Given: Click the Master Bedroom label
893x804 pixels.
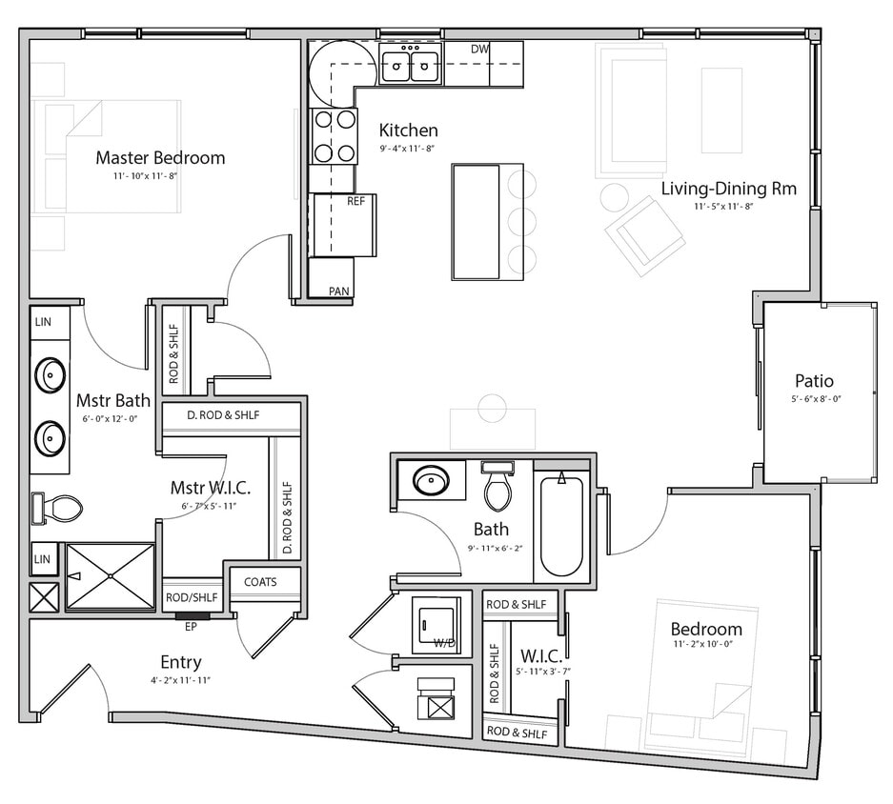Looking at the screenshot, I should tap(160, 157).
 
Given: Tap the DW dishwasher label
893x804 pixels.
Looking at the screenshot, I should tap(480, 49).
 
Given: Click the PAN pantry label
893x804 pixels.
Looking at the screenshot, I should tap(338, 291).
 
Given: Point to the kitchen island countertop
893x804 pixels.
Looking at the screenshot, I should tap(477, 221).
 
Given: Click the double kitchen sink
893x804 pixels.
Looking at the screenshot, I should tap(411, 66).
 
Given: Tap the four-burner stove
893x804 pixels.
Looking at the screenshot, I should tap(334, 135).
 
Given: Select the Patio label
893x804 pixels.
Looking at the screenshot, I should tap(815, 381).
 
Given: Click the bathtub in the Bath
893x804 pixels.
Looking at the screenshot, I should tap(561, 526).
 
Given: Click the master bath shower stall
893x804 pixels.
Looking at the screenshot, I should tap(111, 576).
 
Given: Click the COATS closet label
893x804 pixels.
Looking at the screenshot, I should tap(260, 582).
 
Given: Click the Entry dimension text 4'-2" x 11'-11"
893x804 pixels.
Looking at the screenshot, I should tap(179, 680).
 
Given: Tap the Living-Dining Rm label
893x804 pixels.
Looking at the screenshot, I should tap(728, 188).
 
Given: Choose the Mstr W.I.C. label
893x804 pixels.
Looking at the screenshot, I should tap(210, 488).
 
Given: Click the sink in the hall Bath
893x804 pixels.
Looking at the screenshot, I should tap(431, 479).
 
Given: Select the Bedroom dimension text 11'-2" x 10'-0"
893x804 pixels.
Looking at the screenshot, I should tap(705, 647).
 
